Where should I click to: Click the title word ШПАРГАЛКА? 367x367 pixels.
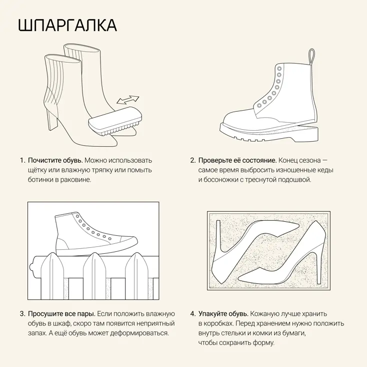tap(67, 25)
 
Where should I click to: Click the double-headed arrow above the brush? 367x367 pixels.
tap(128, 100)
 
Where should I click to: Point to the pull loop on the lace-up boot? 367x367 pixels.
tap(311, 57)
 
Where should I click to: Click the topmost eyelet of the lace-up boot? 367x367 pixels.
tap(279, 69)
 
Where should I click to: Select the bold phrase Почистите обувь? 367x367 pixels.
tap(55, 160)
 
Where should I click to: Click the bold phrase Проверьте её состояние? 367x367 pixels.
tap(237, 160)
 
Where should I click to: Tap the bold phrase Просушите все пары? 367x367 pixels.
tap(61, 313)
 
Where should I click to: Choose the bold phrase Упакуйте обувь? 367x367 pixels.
tap(223, 313)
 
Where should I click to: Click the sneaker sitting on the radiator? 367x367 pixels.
tap(96, 232)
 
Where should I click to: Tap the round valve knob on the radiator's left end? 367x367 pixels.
tap(31, 267)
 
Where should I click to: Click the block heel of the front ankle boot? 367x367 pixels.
tap(53, 120)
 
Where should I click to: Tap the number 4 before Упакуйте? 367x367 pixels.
tap(192, 314)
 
